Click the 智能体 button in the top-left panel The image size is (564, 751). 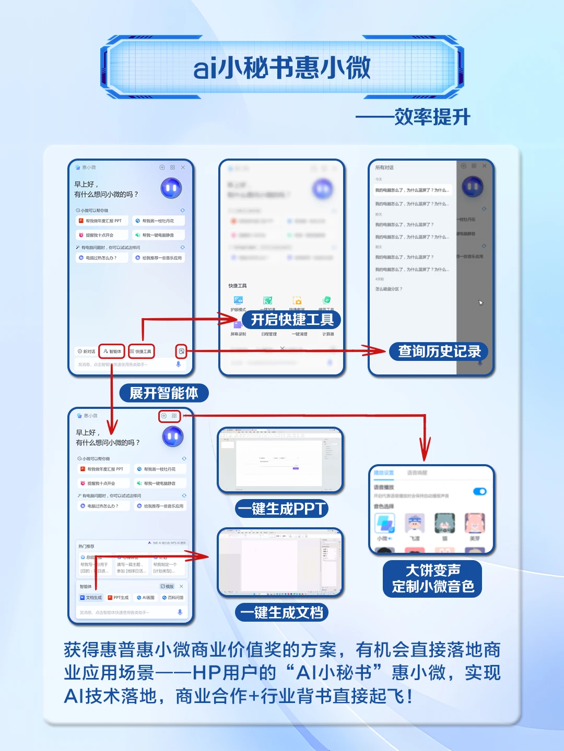coord(112,352)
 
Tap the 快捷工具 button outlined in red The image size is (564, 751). coord(141,352)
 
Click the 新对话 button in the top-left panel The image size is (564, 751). coord(87,352)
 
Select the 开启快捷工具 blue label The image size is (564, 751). coord(291,320)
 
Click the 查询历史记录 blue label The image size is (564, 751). coord(439,352)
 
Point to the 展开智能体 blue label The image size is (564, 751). coord(163,393)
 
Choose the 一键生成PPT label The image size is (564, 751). coord(282,508)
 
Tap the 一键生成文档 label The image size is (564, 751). coord(282,612)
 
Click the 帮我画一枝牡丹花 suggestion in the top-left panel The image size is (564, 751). coord(158,221)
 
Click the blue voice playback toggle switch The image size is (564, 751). coord(479,491)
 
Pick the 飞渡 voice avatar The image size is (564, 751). coord(415,524)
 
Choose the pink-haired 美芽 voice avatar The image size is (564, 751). coord(475,524)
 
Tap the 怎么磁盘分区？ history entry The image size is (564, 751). coord(389,289)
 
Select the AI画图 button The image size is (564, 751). coord(146,598)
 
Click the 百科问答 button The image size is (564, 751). coord(173,598)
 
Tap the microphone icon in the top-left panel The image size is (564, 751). coord(178,365)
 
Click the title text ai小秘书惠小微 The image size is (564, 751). coord(282,68)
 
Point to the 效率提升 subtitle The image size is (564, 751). coord(432,117)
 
